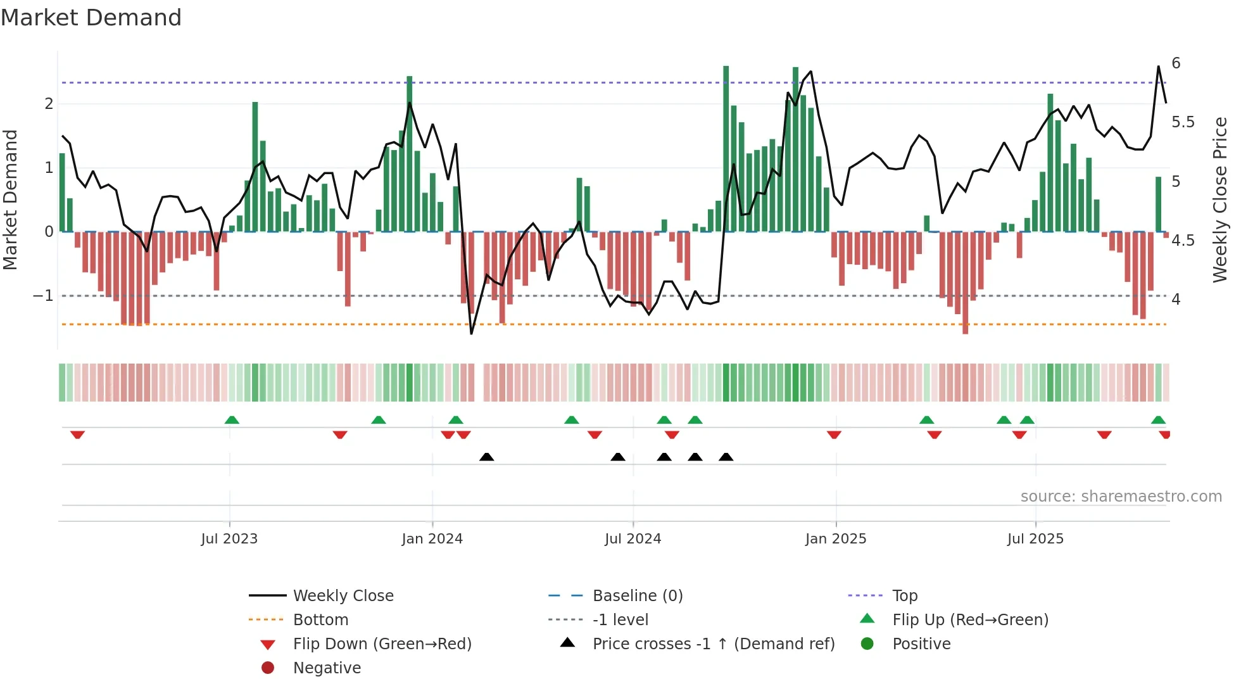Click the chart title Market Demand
coord(91,18)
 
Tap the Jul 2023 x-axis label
coord(229,539)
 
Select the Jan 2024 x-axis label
coord(432,539)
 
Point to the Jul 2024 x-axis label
coord(633,539)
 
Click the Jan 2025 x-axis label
coord(835,539)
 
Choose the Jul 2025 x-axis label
coord(1035,539)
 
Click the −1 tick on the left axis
coord(43,296)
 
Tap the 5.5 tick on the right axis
coord(1183,122)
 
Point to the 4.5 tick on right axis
coord(1183,241)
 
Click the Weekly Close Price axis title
coord(1219,200)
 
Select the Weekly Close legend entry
coord(343,596)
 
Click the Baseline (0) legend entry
coord(637,596)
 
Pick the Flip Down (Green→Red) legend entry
coord(382,644)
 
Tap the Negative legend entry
coord(327,668)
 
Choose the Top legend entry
coord(904,596)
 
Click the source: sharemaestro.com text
coord(1121,497)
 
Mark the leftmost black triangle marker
coord(486,457)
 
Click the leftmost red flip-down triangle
coord(77,435)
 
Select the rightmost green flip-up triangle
coord(1158,420)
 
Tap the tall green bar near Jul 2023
coord(255,166)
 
